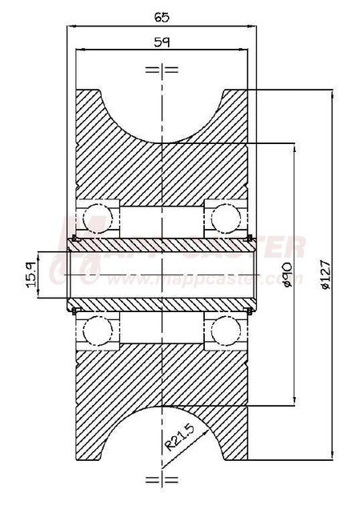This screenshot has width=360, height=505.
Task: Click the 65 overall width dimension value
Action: click(x=163, y=14)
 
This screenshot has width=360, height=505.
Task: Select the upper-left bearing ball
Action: click(x=97, y=216)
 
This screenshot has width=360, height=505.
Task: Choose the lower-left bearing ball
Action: click(x=97, y=330)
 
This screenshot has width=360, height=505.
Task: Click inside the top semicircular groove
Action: click(x=162, y=112)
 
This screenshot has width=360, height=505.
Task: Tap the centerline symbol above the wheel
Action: click(x=162, y=70)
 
